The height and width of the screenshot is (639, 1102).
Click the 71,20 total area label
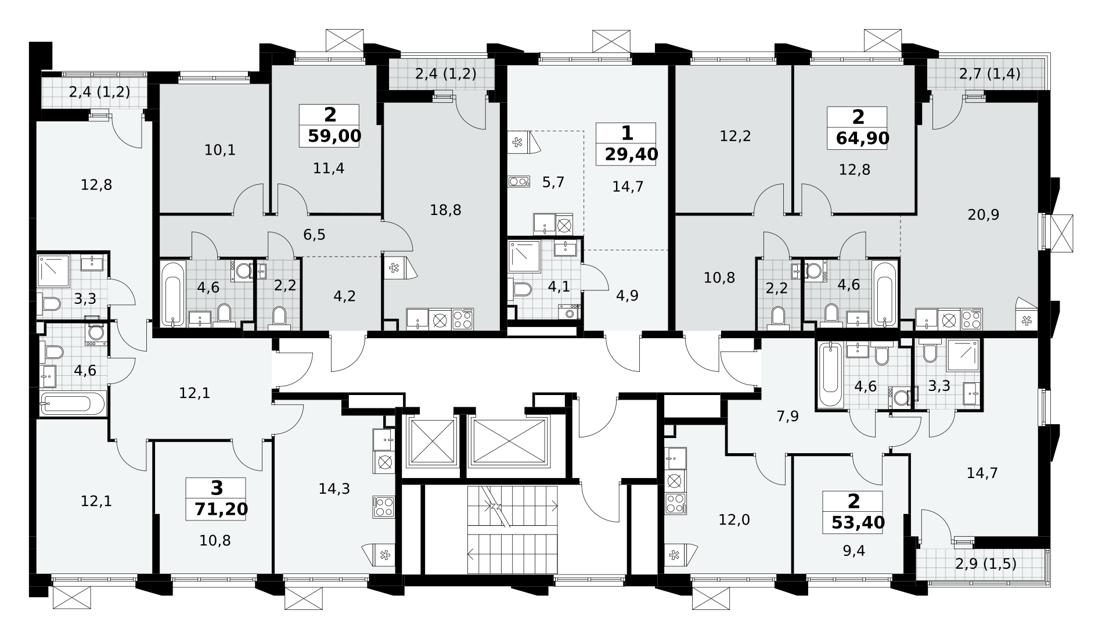coord(221,509)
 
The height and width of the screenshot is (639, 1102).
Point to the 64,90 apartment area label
coord(862,138)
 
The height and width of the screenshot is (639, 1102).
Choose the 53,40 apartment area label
coord(858,523)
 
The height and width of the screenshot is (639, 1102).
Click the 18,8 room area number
coord(445,210)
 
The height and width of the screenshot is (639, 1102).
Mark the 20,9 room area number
coord(983,215)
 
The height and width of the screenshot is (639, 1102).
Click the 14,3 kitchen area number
coord(334,489)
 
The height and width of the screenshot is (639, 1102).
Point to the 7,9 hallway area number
coord(787,417)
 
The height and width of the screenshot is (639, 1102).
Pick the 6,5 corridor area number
coord(314,235)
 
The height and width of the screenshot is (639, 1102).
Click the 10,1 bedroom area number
coord(220,150)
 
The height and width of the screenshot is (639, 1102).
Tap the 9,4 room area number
coord(853,551)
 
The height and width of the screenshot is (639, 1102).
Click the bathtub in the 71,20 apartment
coord(73,404)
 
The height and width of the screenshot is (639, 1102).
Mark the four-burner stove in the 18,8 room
coord(463,319)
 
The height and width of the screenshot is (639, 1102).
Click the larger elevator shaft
coord(509,441)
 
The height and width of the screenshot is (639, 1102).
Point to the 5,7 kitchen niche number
coord(553,182)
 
